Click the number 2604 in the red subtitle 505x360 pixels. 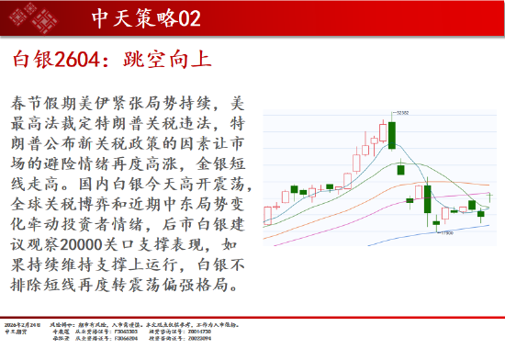click(x=77, y=62)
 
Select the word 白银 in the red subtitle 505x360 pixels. click(x=32, y=62)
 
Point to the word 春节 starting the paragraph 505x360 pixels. click(x=28, y=100)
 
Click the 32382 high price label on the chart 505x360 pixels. click(x=401, y=112)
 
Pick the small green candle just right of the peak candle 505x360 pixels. click(x=400, y=170)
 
